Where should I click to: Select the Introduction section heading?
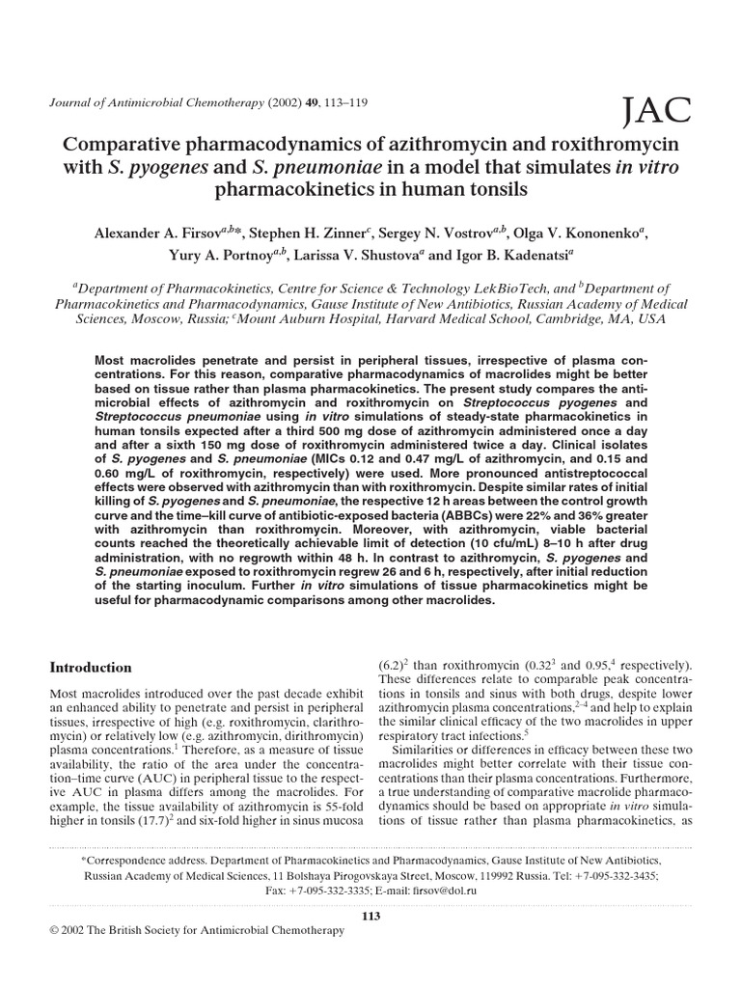(x=91, y=667)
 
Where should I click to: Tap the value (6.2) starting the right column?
(x=391, y=666)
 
